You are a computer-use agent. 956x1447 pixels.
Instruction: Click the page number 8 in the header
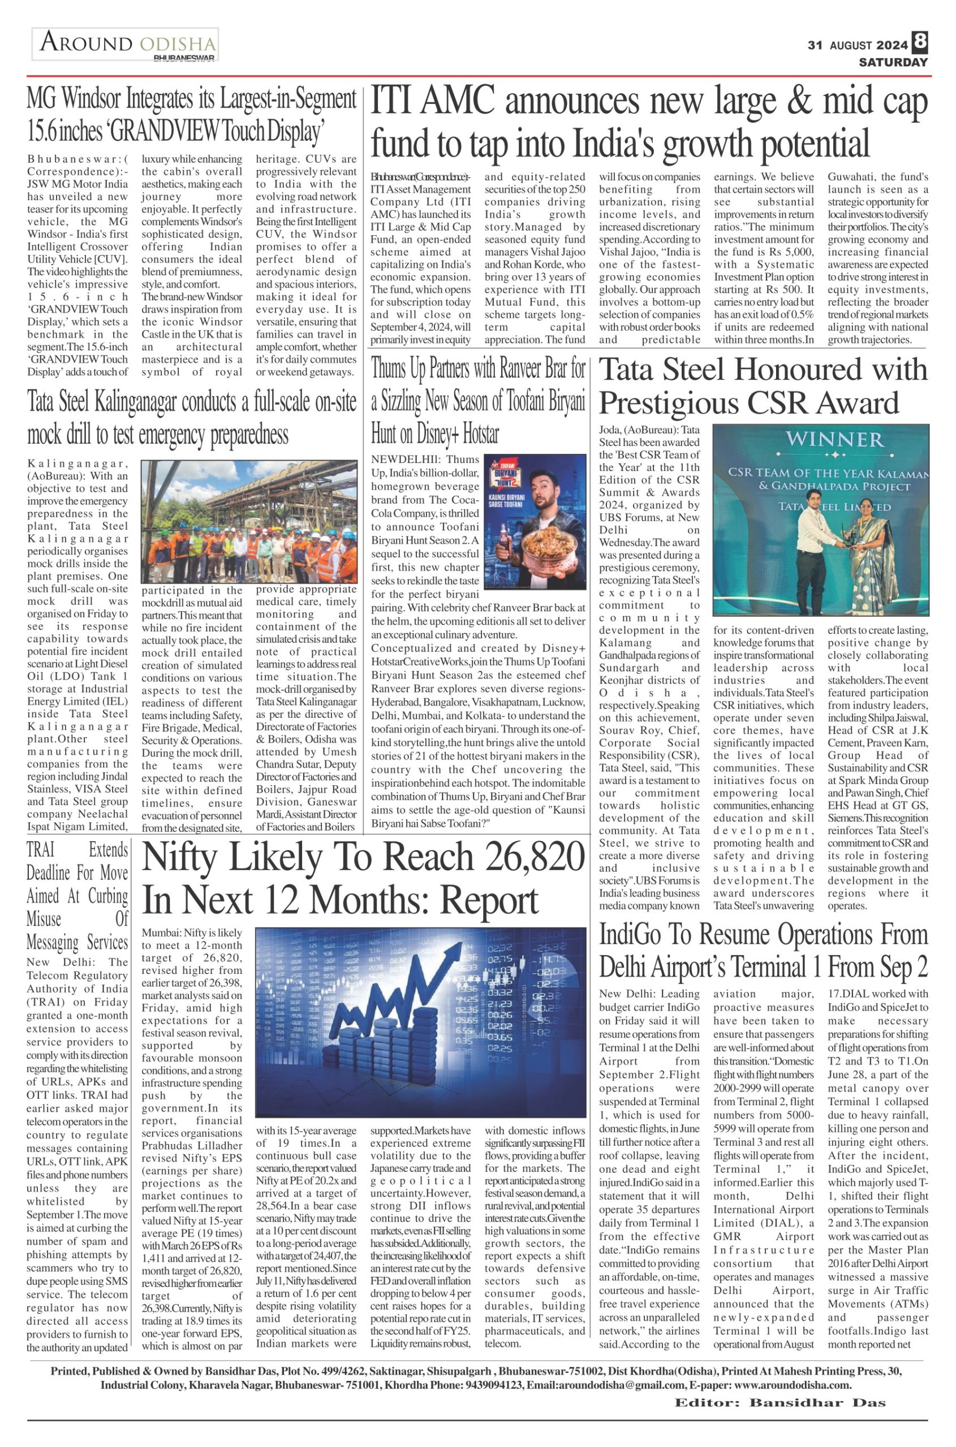(920, 44)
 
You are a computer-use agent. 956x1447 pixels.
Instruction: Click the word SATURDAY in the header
(893, 62)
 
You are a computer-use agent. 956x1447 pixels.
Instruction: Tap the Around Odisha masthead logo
(126, 45)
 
